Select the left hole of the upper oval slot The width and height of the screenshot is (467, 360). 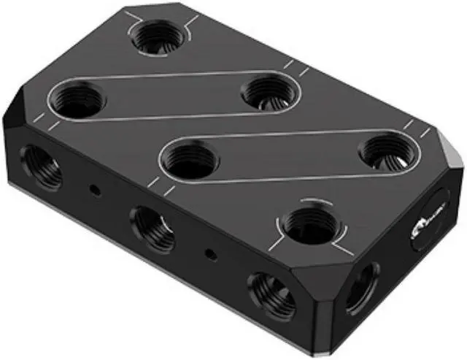click(x=78, y=98)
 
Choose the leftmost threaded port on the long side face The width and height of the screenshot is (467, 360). click(x=39, y=166)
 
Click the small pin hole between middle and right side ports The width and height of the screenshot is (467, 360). click(x=210, y=255)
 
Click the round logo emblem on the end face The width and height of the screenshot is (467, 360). click(x=425, y=227)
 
